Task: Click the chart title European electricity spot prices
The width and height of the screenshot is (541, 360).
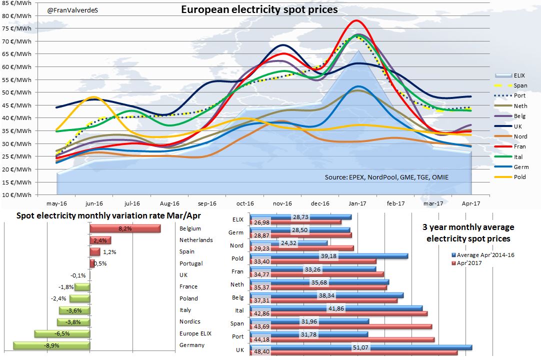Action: [259, 9]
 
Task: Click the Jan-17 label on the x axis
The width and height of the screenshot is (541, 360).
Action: [357, 203]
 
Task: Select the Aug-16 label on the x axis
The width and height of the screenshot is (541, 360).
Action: [169, 203]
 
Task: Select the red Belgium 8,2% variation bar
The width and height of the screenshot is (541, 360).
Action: [125, 228]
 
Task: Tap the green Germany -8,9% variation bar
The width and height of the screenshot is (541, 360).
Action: [51, 345]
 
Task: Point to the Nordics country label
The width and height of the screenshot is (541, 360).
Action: [189, 321]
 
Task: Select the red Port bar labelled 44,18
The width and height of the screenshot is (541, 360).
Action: [340, 339]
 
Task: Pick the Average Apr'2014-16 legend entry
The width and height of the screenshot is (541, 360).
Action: [482, 254]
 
